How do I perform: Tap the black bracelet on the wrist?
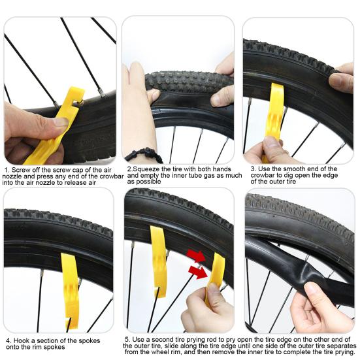coord(144,155)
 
